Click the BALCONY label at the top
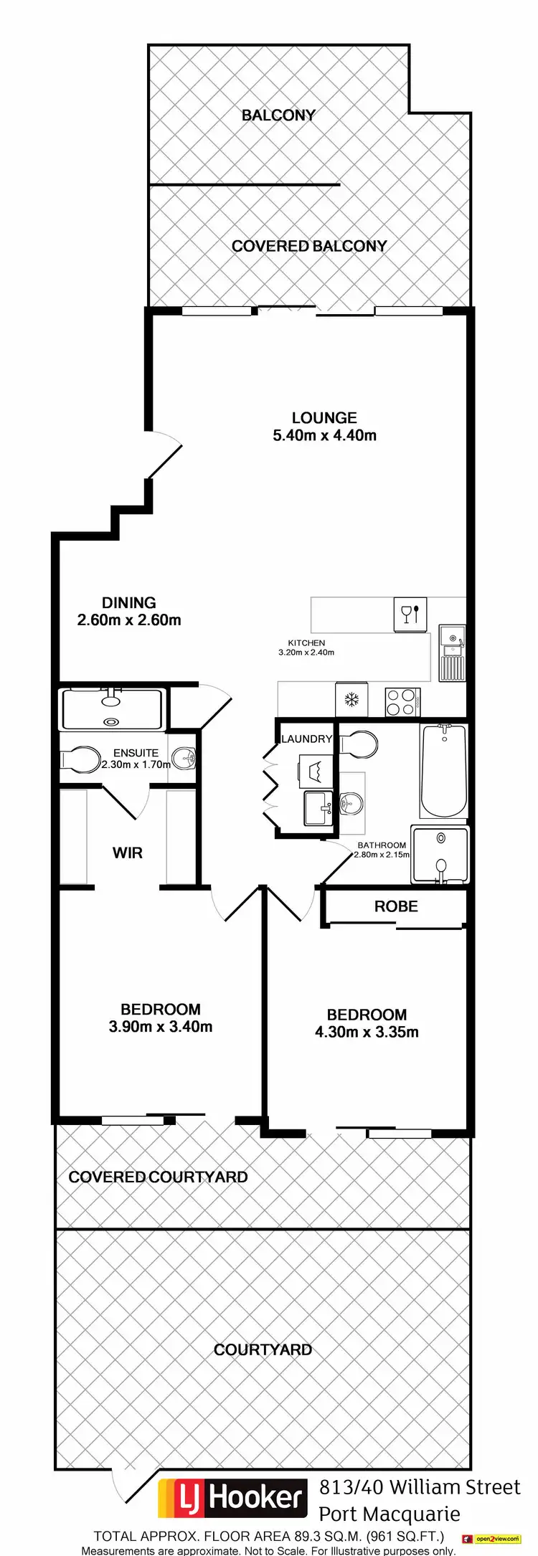point(278,115)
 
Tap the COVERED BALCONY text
point(308,246)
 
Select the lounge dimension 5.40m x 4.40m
point(324,435)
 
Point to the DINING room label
point(128,603)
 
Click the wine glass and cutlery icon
point(410,615)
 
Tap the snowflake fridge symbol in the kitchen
point(351,700)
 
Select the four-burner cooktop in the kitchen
point(402,702)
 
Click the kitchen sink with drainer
point(452,653)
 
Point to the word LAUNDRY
point(306,739)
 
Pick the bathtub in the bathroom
point(443,771)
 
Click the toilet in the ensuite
point(80,759)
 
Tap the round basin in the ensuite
point(184,758)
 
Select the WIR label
point(127,853)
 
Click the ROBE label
point(395,906)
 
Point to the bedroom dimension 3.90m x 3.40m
point(160,1027)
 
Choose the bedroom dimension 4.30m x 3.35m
point(367,1033)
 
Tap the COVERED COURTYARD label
point(158,1177)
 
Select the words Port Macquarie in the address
point(389,1514)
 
